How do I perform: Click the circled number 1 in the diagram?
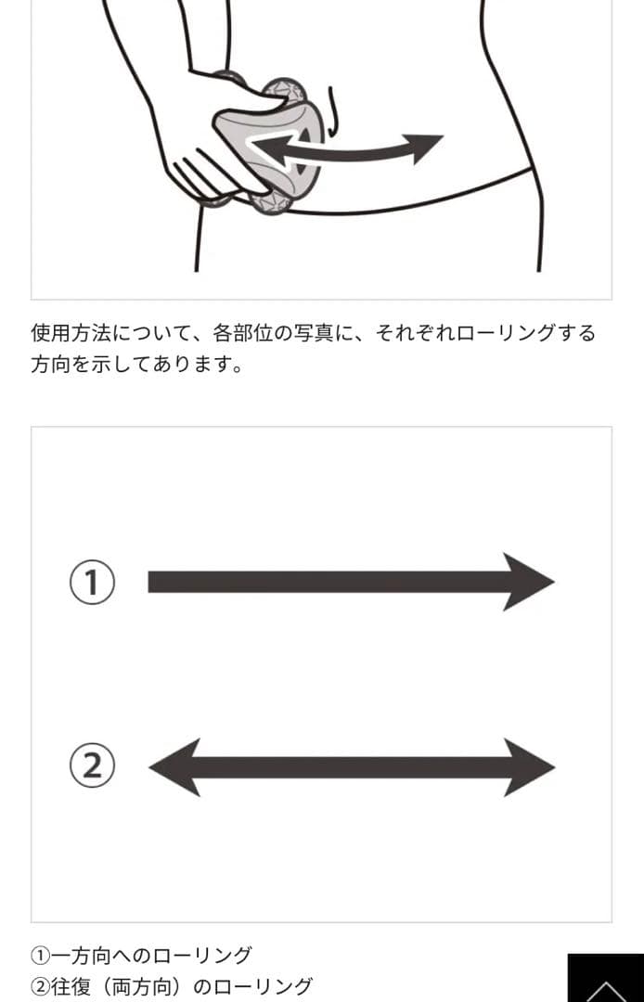coord(92,582)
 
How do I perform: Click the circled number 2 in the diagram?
coord(92,765)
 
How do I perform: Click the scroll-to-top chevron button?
coord(606,979)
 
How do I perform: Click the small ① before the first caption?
coord(40,956)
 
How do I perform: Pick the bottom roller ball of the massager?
coord(271,202)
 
